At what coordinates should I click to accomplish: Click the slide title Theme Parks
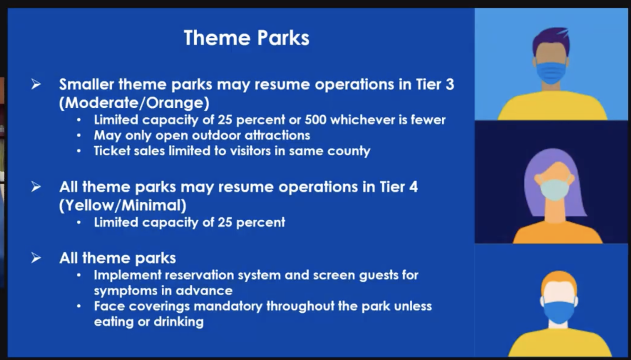[247, 38]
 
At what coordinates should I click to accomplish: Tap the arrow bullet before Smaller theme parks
[36, 84]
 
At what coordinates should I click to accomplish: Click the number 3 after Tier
[450, 84]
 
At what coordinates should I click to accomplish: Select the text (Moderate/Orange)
[135, 102]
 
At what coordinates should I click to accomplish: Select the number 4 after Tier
[413, 187]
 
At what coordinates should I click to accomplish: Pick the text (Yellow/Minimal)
[123, 205]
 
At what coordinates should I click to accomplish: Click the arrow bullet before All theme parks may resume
[36, 187]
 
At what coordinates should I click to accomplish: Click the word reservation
[199, 275]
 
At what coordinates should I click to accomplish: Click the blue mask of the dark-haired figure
[551, 73]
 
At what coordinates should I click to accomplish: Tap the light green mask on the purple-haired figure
[554, 190]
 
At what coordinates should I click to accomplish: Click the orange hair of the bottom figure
[559, 282]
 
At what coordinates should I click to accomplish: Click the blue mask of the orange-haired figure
[559, 312]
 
